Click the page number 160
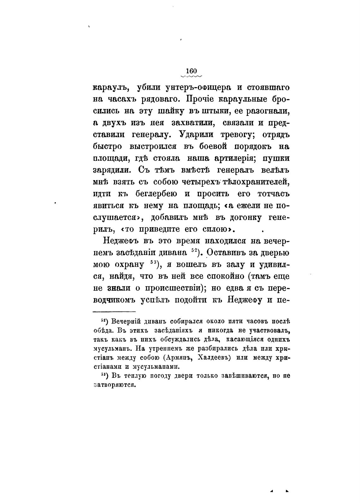(x=191, y=71)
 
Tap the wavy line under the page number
(x=191, y=76)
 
